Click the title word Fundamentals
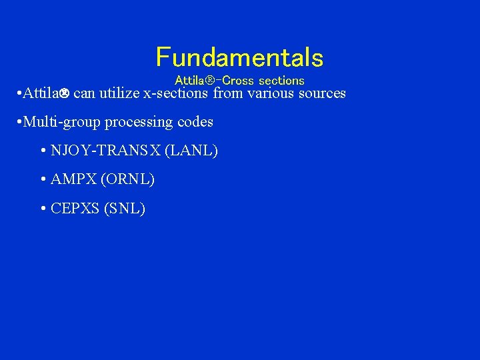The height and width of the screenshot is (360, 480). pyautogui.click(x=239, y=58)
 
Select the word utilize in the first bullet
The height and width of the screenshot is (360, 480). pyautogui.click(x=119, y=93)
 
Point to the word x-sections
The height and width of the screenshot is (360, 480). pyautogui.click(x=176, y=93)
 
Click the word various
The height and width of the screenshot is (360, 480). pyautogui.click(x=272, y=93)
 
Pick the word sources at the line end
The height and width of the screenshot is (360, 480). pyautogui.click(x=323, y=93)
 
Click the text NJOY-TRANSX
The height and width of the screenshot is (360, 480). pyautogui.click(x=105, y=151)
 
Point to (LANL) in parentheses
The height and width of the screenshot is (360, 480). pyautogui.click(x=191, y=151)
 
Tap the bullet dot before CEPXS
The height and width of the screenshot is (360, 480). pyautogui.click(x=43, y=209)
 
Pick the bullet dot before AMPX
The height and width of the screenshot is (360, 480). pyautogui.click(x=43, y=180)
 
